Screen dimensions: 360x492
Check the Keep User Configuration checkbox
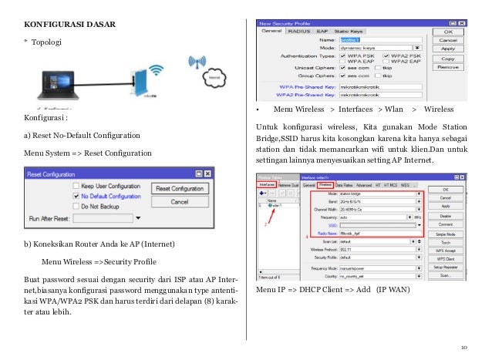click(76, 187)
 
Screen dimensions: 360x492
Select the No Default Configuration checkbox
click(76, 197)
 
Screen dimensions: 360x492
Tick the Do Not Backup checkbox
click(76, 207)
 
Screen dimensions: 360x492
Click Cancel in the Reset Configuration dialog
click(180, 202)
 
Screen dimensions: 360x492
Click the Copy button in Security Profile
click(447, 58)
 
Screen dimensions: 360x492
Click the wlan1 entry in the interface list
click(275, 206)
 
